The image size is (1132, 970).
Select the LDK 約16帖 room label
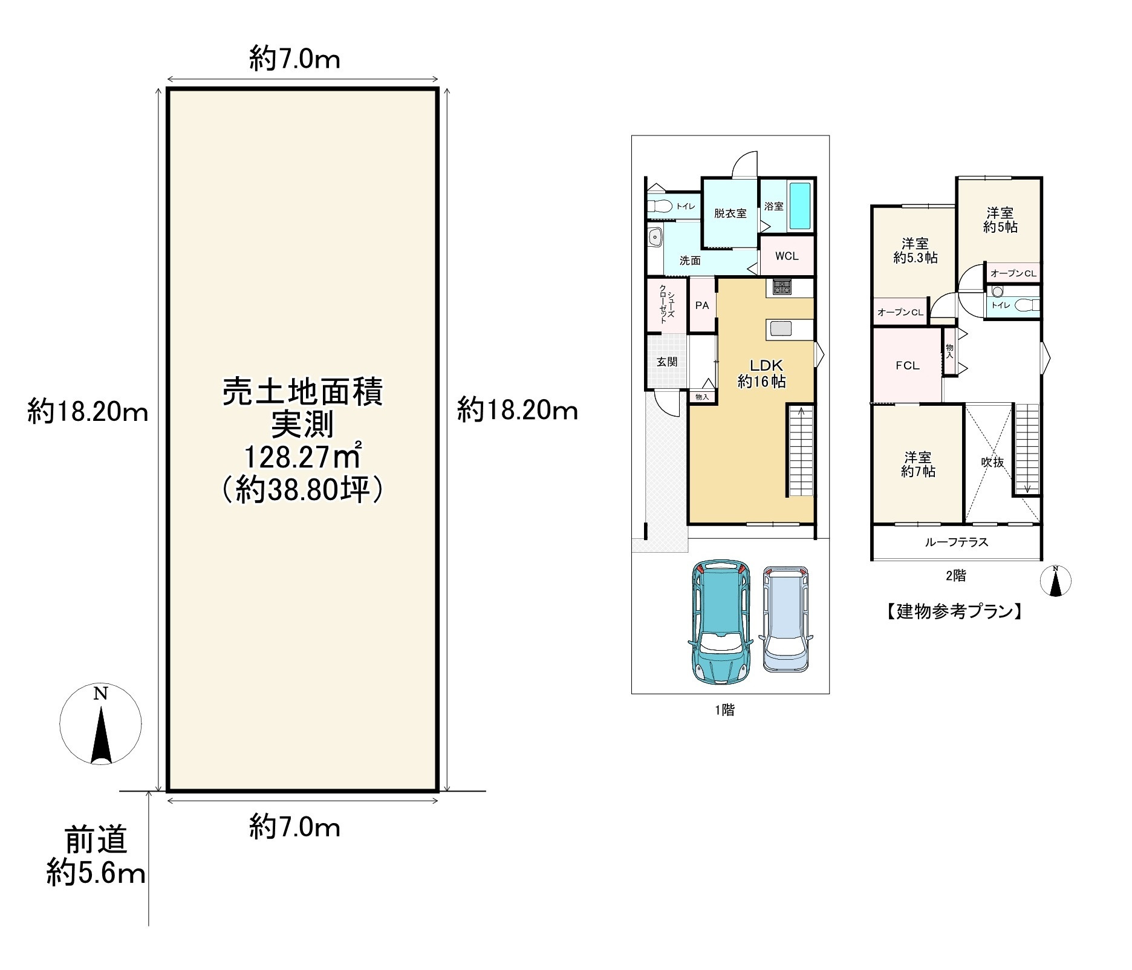pyautogui.click(x=762, y=373)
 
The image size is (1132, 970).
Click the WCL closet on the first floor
pyautogui.click(x=787, y=256)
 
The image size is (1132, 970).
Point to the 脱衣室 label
pyautogui.click(x=730, y=213)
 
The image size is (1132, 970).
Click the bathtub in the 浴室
pyautogui.click(x=800, y=206)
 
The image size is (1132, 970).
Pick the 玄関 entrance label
pyautogui.click(x=667, y=362)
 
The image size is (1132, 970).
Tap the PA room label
pyautogui.click(x=702, y=305)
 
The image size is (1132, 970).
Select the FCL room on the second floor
pyautogui.click(x=907, y=365)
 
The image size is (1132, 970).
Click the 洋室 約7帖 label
pyautogui.click(x=917, y=464)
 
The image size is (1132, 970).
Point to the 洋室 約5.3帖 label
pyautogui.click(x=916, y=250)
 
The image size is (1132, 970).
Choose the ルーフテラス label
pyautogui.click(x=956, y=542)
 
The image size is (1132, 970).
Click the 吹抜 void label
pyautogui.click(x=992, y=462)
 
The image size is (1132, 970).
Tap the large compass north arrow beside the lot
pyautogui.click(x=101, y=735)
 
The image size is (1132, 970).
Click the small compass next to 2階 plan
pyautogui.click(x=1055, y=581)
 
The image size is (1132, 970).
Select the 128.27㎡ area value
pyautogui.click(x=302, y=458)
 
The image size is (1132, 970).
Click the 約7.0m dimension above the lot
pyautogui.click(x=295, y=59)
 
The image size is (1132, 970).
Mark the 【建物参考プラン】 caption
pyautogui.click(x=954, y=612)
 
